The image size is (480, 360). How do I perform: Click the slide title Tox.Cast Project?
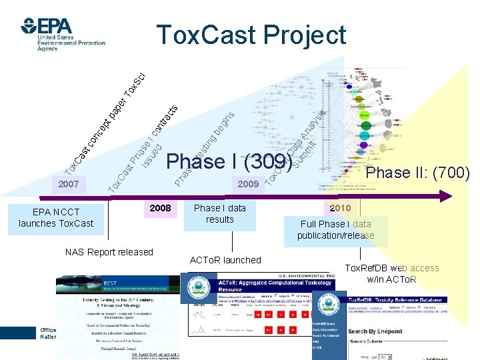coord(251,35)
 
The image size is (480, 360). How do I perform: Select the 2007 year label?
coord(69,183)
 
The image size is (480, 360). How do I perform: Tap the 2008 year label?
coord(160,208)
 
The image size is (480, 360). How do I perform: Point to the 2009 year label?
coord(249,183)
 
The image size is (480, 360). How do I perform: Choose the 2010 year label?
coord(339,208)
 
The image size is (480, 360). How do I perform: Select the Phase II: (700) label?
coord(418,173)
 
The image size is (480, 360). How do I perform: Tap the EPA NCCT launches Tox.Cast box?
coord(56,218)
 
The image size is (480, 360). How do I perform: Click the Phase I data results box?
coord(219,214)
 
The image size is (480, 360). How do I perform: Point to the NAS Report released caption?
coord(109,252)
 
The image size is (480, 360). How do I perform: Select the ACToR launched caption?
coord(225,259)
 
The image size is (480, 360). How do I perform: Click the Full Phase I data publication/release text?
coord(336,230)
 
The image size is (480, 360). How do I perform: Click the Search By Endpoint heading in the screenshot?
coord(375,331)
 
